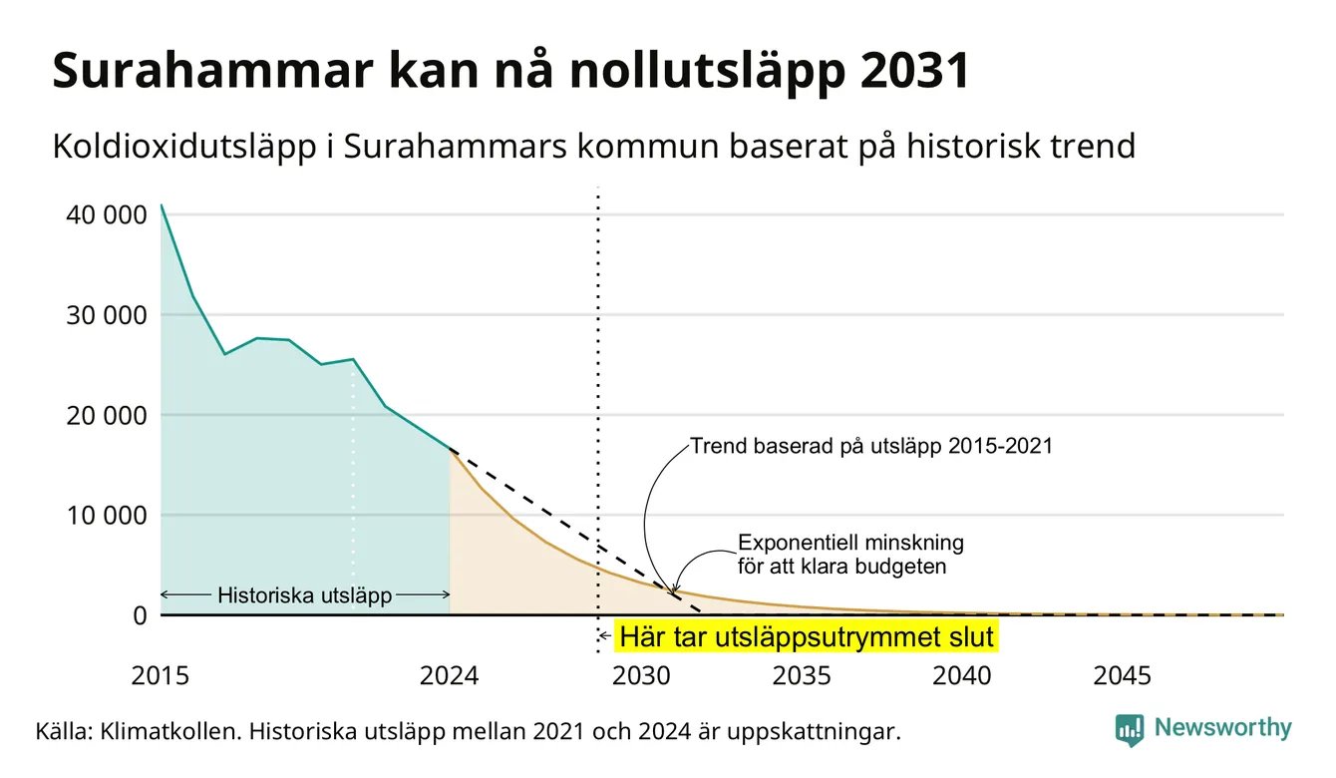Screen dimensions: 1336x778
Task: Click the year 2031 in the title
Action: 912,71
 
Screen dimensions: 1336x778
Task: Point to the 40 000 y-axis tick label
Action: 107,214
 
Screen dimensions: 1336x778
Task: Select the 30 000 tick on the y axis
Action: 107,315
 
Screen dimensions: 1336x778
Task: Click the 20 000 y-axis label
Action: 107,415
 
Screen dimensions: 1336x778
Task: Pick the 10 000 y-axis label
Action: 107,515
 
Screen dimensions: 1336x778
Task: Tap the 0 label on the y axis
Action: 141,615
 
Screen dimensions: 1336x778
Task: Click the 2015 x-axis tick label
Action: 161,676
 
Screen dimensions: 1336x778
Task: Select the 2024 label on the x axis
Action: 449,676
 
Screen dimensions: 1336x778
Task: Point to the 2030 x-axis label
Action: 642,676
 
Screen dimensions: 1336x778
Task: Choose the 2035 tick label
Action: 803,676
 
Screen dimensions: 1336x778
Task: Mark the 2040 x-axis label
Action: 962,676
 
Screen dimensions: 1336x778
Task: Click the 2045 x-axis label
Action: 1123,676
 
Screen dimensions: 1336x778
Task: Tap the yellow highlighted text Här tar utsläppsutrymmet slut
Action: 807,636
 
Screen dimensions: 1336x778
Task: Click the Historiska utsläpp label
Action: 305,594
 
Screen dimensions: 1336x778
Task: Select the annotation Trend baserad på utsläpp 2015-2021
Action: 871,446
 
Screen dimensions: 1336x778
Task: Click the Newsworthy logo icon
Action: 1130,730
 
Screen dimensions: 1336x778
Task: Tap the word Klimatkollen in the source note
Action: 169,731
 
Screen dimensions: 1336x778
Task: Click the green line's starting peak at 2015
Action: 162,205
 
